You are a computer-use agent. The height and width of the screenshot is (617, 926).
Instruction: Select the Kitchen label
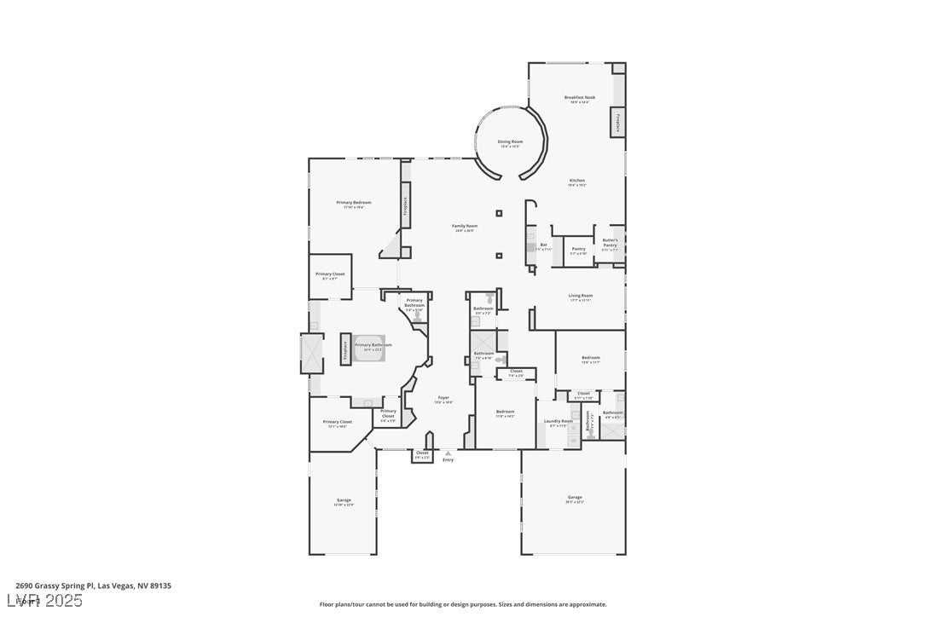click(x=577, y=182)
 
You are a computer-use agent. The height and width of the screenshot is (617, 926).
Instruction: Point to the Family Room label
click(x=465, y=227)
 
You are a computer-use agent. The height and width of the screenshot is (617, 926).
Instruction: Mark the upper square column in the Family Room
click(x=499, y=213)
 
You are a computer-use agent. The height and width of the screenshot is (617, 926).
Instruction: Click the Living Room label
click(x=581, y=297)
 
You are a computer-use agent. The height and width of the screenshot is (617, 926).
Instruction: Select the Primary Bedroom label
click(x=353, y=204)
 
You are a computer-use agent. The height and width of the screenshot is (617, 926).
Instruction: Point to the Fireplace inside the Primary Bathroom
click(x=345, y=349)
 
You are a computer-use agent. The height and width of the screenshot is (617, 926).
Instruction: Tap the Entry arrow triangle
click(x=448, y=453)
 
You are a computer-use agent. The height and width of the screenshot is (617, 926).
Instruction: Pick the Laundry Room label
click(x=558, y=422)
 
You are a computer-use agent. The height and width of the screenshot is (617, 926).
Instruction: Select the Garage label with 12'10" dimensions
click(x=344, y=501)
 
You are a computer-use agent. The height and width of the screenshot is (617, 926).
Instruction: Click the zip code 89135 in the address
click(x=159, y=585)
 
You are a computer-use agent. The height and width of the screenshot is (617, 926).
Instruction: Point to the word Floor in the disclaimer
click(x=327, y=604)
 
